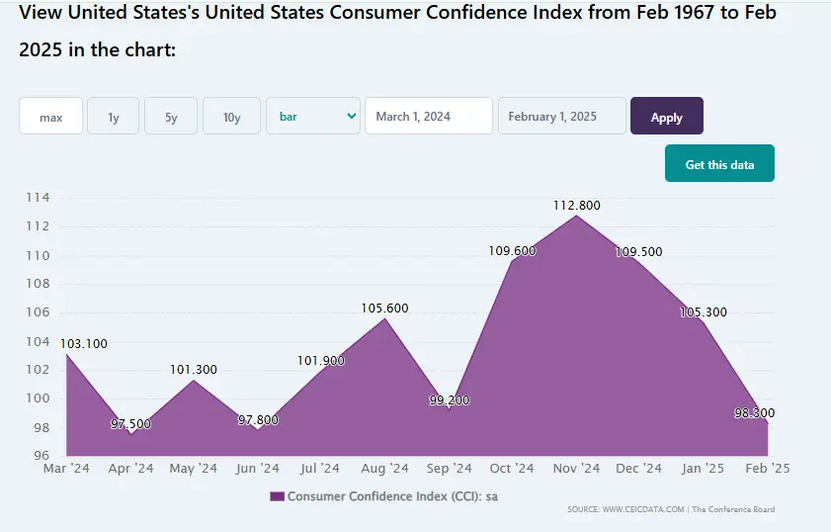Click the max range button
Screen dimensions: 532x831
(50, 117)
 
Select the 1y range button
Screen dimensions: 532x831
(114, 117)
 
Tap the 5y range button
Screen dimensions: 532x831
(171, 117)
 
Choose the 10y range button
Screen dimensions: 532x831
(231, 117)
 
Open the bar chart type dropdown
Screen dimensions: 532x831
(313, 117)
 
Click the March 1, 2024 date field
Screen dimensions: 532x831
(428, 117)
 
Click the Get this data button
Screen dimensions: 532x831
(719, 164)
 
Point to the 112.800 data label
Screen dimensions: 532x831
(577, 206)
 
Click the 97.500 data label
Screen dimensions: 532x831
(131, 423)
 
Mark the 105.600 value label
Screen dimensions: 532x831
(384, 309)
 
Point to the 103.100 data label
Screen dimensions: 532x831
(84, 344)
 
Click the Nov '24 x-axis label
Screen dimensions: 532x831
(576, 469)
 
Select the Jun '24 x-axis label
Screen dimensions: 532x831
(258, 469)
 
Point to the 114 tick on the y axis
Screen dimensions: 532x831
(38, 198)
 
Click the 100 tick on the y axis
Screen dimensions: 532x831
(38, 399)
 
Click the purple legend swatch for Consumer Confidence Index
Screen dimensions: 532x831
(277, 496)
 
